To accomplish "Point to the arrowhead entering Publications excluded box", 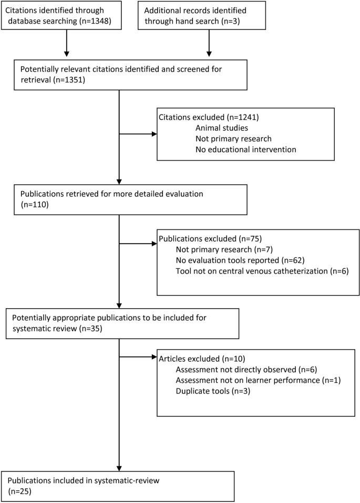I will pyautogui.click(x=153, y=244).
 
